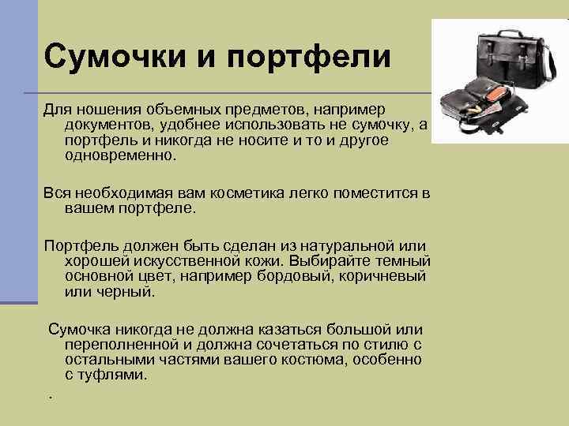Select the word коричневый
[382, 277]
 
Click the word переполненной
[122, 345]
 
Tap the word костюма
[321, 360]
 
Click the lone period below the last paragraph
[49, 396]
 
